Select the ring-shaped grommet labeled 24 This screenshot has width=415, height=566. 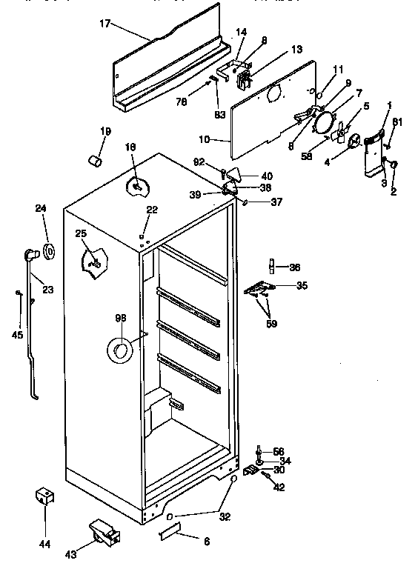[x=50, y=251]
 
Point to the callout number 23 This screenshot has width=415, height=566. [x=47, y=290]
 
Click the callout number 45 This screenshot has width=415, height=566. [x=18, y=336]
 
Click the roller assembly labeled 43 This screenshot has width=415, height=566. [x=102, y=531]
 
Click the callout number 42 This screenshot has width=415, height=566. [x=279, y=487]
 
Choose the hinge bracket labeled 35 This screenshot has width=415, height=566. [x=262, y=288]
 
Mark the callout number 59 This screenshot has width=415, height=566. [x=270, y=322]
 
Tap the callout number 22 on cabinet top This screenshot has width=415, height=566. [x=151, y=210]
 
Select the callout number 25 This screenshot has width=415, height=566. [x=80, y=234]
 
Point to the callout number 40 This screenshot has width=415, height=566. [x=267, y=176]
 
